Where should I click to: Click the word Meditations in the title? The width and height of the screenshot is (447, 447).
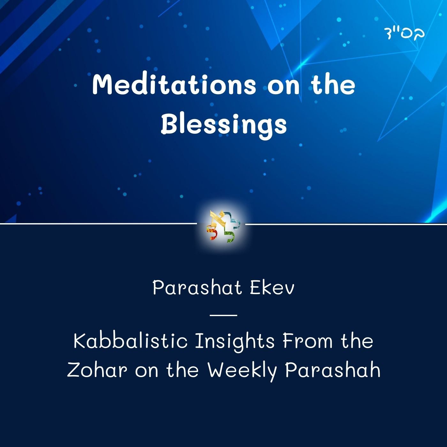coord(174,85)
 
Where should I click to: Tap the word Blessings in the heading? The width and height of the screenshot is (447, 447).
coord(223,125)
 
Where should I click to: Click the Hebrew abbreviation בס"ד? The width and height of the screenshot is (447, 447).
coord(404,33)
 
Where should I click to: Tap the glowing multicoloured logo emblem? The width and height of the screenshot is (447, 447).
coord(223,226)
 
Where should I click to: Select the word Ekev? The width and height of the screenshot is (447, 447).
coord(271,288)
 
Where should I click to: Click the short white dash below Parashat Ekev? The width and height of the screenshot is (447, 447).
coord(223,315)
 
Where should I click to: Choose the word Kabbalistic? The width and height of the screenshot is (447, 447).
coord(130,341)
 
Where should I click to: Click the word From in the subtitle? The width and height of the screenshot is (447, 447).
coord(307,341)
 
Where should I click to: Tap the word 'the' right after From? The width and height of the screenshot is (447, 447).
coord(357,341)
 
